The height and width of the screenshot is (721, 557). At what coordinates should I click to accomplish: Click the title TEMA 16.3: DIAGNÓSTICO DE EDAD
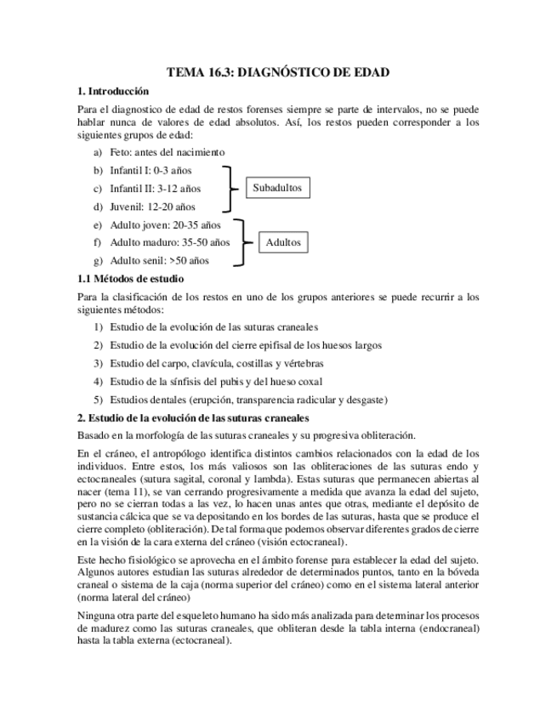(x=278, y=72)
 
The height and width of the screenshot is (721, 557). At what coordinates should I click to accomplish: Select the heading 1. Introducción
(x=112, y=91)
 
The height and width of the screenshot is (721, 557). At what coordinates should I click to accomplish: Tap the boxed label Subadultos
(x=277, y=188)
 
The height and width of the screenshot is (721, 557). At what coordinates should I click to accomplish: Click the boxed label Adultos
(x=283, y=242)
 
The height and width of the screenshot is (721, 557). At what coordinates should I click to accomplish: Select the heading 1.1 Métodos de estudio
(x=130, y=279)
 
